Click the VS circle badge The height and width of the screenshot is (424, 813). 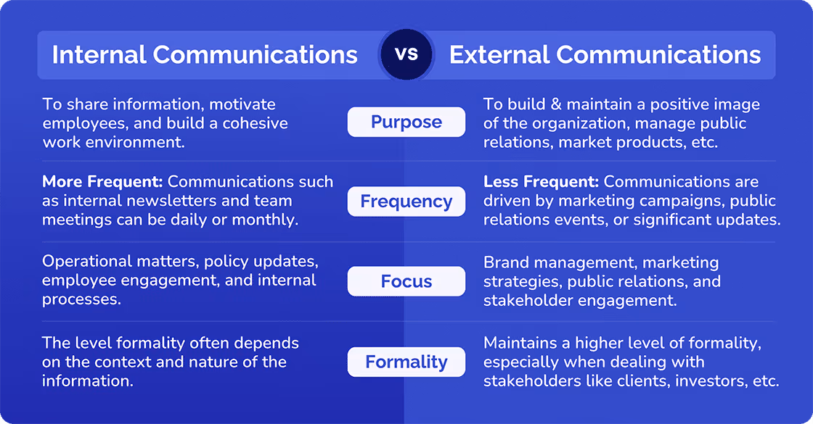pyautogui.click(x=406, y=54)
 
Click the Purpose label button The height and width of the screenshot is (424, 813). pyautogui.click(x=406, y=122)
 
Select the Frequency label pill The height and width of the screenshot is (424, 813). pyautogui.click(x=406, y=201)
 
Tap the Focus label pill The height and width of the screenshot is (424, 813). pyautogui.click(x=406, y=281)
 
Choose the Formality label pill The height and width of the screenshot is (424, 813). pyautogui.click(x=406, y=362)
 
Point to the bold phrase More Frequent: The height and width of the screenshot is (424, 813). pyautogui.click(x=102, y=182)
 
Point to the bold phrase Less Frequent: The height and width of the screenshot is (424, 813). pyautogui.click(x=541, y=182)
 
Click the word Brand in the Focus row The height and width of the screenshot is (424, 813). pyautogui.click(x=505, y=262)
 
